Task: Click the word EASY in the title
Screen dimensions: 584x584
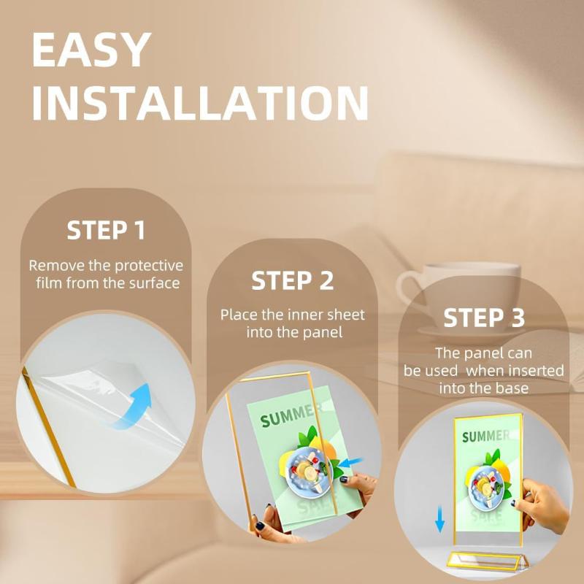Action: point(91,50)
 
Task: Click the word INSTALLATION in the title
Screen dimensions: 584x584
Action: point(200,103)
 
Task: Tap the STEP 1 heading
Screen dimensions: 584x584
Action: point(106,230)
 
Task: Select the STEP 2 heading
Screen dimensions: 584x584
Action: point(293,280)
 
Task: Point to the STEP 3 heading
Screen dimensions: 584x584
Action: point(484,318)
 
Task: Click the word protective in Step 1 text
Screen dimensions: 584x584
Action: point(149,266)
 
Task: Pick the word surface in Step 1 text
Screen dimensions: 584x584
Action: point(155,283)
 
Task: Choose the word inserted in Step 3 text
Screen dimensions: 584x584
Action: point(536,371)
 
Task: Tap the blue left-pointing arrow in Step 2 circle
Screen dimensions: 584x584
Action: point(351,463)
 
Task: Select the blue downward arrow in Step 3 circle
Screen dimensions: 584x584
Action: point(440,519)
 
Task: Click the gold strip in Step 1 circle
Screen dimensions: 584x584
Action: point(49,426)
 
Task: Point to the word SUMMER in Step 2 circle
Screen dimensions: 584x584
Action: point(288,415)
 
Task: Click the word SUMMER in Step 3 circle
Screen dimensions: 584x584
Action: point(485,436)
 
